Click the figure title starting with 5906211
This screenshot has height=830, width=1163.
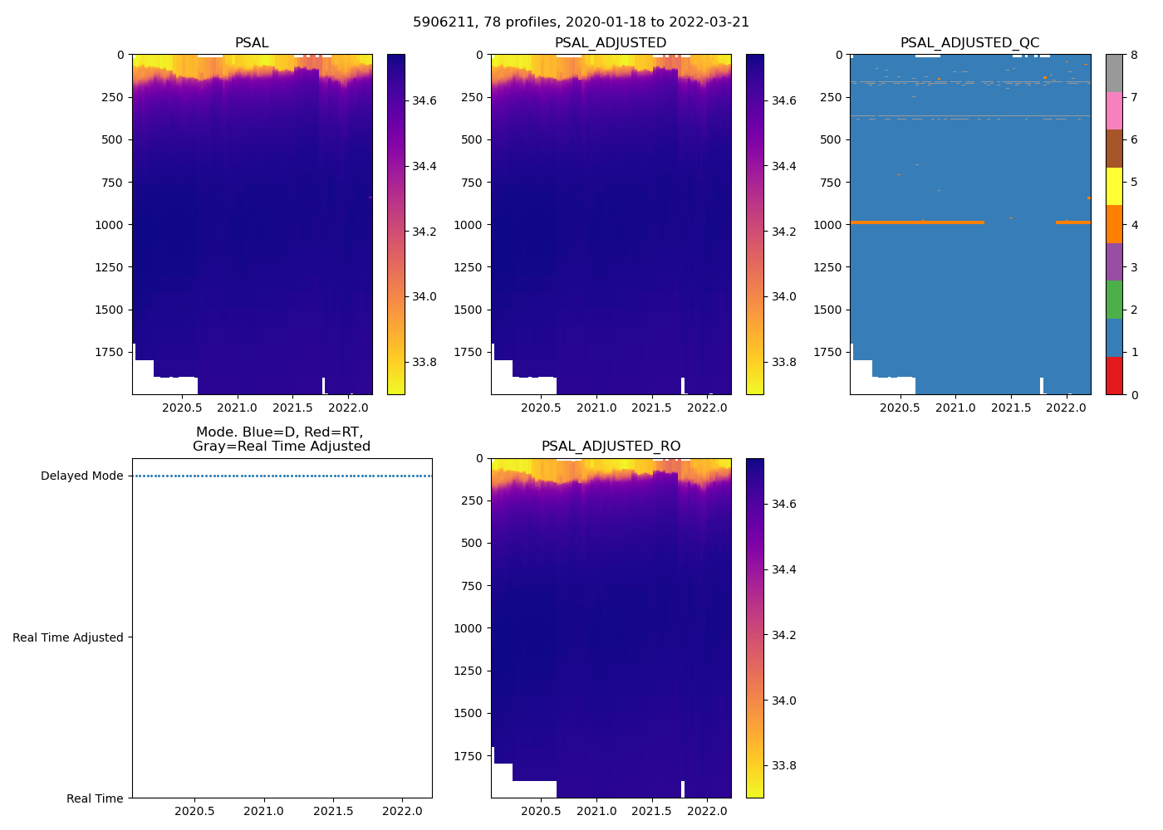click(581, 22)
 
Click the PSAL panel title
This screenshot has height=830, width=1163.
click(252, 43)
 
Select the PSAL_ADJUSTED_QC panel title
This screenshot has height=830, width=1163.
click(969, 43)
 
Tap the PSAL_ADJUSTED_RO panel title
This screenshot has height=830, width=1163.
click(611, 447)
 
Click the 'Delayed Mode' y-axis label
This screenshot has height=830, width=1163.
click(81, 476)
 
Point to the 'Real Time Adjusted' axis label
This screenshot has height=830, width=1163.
click(68, 637)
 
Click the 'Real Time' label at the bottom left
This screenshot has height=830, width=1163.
click(95, 798)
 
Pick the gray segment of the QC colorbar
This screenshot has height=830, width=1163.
click(1114, 73)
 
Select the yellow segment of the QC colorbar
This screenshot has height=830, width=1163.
click(1114, 187)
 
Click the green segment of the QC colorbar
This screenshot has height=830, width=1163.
click(1114, 300)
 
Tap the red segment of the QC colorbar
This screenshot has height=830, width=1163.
click(1114, 376)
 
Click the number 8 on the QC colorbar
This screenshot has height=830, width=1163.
click(1134, 55)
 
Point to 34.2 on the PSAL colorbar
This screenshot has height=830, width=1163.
click(424, 232)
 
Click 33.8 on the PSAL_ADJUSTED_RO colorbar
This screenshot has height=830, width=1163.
click(783, 765)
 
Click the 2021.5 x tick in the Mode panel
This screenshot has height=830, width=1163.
click(333, 811)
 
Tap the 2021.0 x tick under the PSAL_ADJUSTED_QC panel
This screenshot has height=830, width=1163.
click(956, 408)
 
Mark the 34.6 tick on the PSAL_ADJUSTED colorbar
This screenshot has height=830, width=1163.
click(783, 100)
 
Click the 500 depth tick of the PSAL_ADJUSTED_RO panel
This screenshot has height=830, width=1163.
click(473, 544)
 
